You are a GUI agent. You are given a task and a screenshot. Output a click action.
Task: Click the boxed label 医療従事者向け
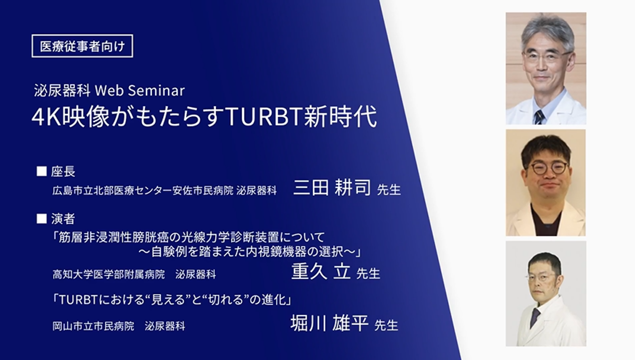82,46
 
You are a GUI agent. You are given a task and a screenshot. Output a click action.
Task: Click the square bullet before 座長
42,171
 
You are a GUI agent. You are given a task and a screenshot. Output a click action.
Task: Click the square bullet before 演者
42,219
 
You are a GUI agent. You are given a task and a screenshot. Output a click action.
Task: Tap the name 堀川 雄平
329,324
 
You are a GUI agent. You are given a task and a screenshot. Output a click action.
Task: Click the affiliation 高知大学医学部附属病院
109,275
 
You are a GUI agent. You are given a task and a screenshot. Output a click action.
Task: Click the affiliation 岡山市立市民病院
94,326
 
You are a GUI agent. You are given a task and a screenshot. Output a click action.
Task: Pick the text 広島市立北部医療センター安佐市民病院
143,191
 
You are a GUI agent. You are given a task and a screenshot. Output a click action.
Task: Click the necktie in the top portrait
539,116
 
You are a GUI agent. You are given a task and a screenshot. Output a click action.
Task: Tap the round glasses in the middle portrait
549,168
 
